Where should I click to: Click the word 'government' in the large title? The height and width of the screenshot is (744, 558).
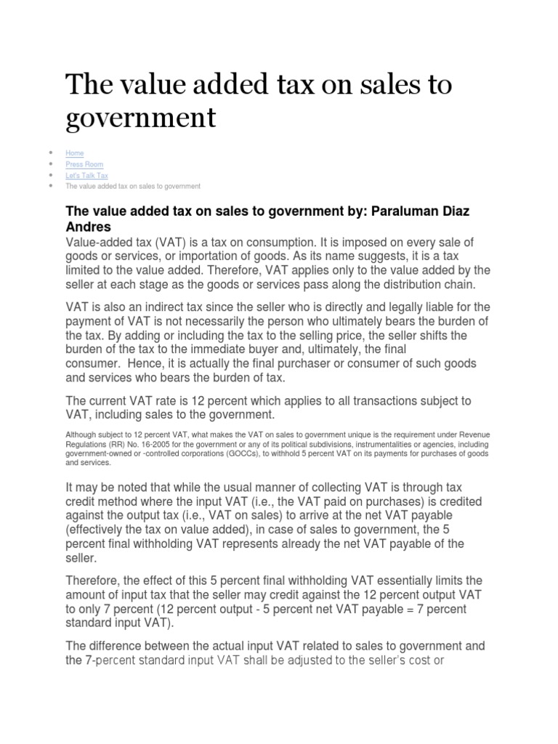click(141, 118)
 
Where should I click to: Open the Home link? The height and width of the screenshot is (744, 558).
click(74, 153)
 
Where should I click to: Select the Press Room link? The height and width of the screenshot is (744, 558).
click(84, 164)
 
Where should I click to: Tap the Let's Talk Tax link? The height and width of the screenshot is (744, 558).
click(86, 175)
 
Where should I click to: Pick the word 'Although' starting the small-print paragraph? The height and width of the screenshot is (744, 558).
click(80, 434)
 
